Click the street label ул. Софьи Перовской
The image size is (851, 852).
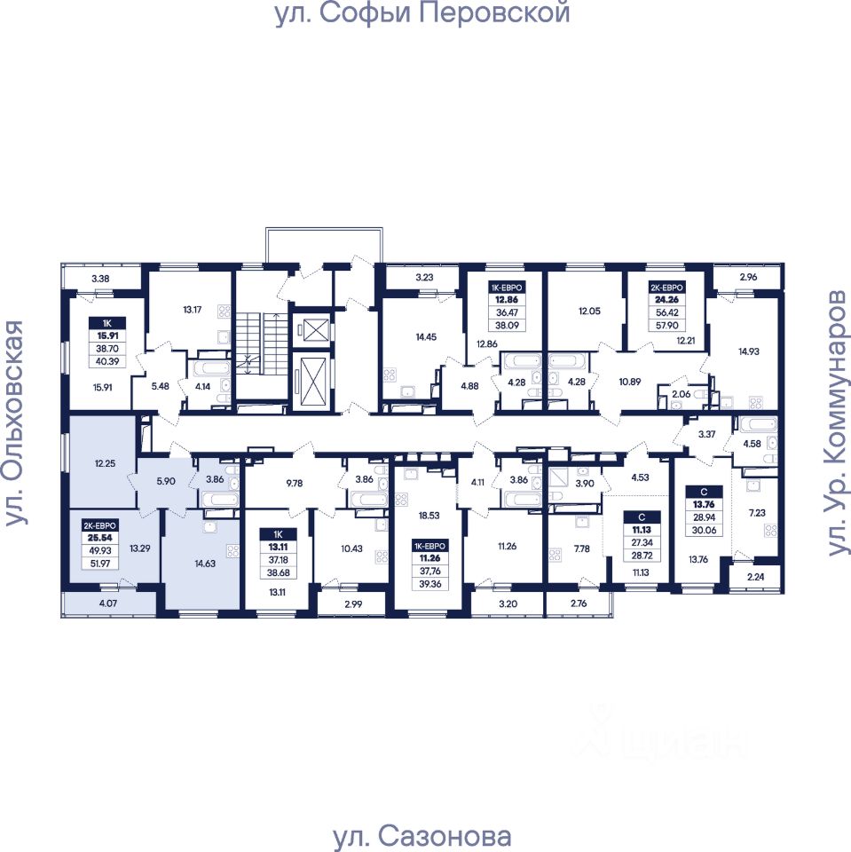click(x=422, y=15)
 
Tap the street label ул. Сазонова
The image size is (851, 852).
click(x=422, y=836)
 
